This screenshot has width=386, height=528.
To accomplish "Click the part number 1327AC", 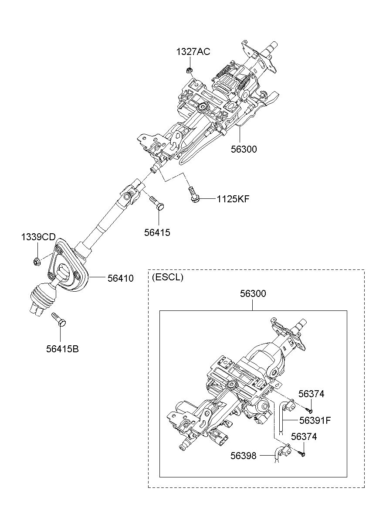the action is [x=193, y=51].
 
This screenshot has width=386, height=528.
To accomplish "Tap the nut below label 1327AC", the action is [x=190, y=70].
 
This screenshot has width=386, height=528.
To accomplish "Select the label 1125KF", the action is [x=233, y=199].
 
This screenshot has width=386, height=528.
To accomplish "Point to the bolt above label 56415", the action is [x=156, y=202].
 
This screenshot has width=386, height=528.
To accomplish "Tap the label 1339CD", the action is [x=38, y=237].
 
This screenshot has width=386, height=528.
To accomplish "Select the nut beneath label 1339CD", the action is [x=37, y=262].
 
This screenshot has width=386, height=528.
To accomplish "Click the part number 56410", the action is [x=121, y=278].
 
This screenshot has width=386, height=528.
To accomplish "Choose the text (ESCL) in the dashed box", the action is [x=167, y=277].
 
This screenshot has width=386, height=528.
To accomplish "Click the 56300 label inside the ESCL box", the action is [x=253, y=293].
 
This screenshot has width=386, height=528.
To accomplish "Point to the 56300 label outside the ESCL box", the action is [x=244, y=149].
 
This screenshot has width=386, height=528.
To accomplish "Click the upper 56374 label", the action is [x=312, y=394].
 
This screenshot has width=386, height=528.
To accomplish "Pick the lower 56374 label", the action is [x=304, y=436].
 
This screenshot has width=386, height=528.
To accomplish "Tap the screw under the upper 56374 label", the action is [x=309, y=410].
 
